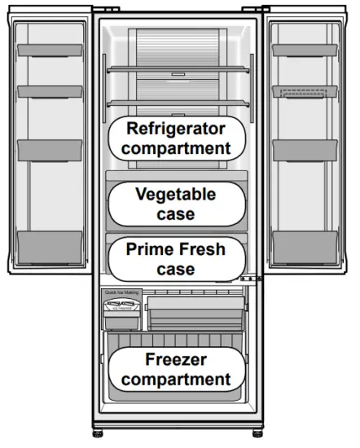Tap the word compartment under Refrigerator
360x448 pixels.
(x=177, y=148)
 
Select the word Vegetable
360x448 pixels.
(x=176, y=195)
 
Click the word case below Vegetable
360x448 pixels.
(x=176, y=213)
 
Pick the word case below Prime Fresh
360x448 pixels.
(x=176, y=269)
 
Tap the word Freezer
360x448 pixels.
(x=177, y=359)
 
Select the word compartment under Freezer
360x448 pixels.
(x=177, y=379)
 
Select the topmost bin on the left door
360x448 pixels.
(x=50, y=51)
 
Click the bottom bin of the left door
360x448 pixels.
(x=50, y=244)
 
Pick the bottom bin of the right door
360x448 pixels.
(x=304, y=244)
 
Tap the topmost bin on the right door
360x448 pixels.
(x=304, y=51)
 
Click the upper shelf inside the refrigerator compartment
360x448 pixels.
(x=177, y=68)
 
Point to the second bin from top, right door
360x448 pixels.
(x=304, y=92)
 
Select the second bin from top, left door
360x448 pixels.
(x=50, y=92)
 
